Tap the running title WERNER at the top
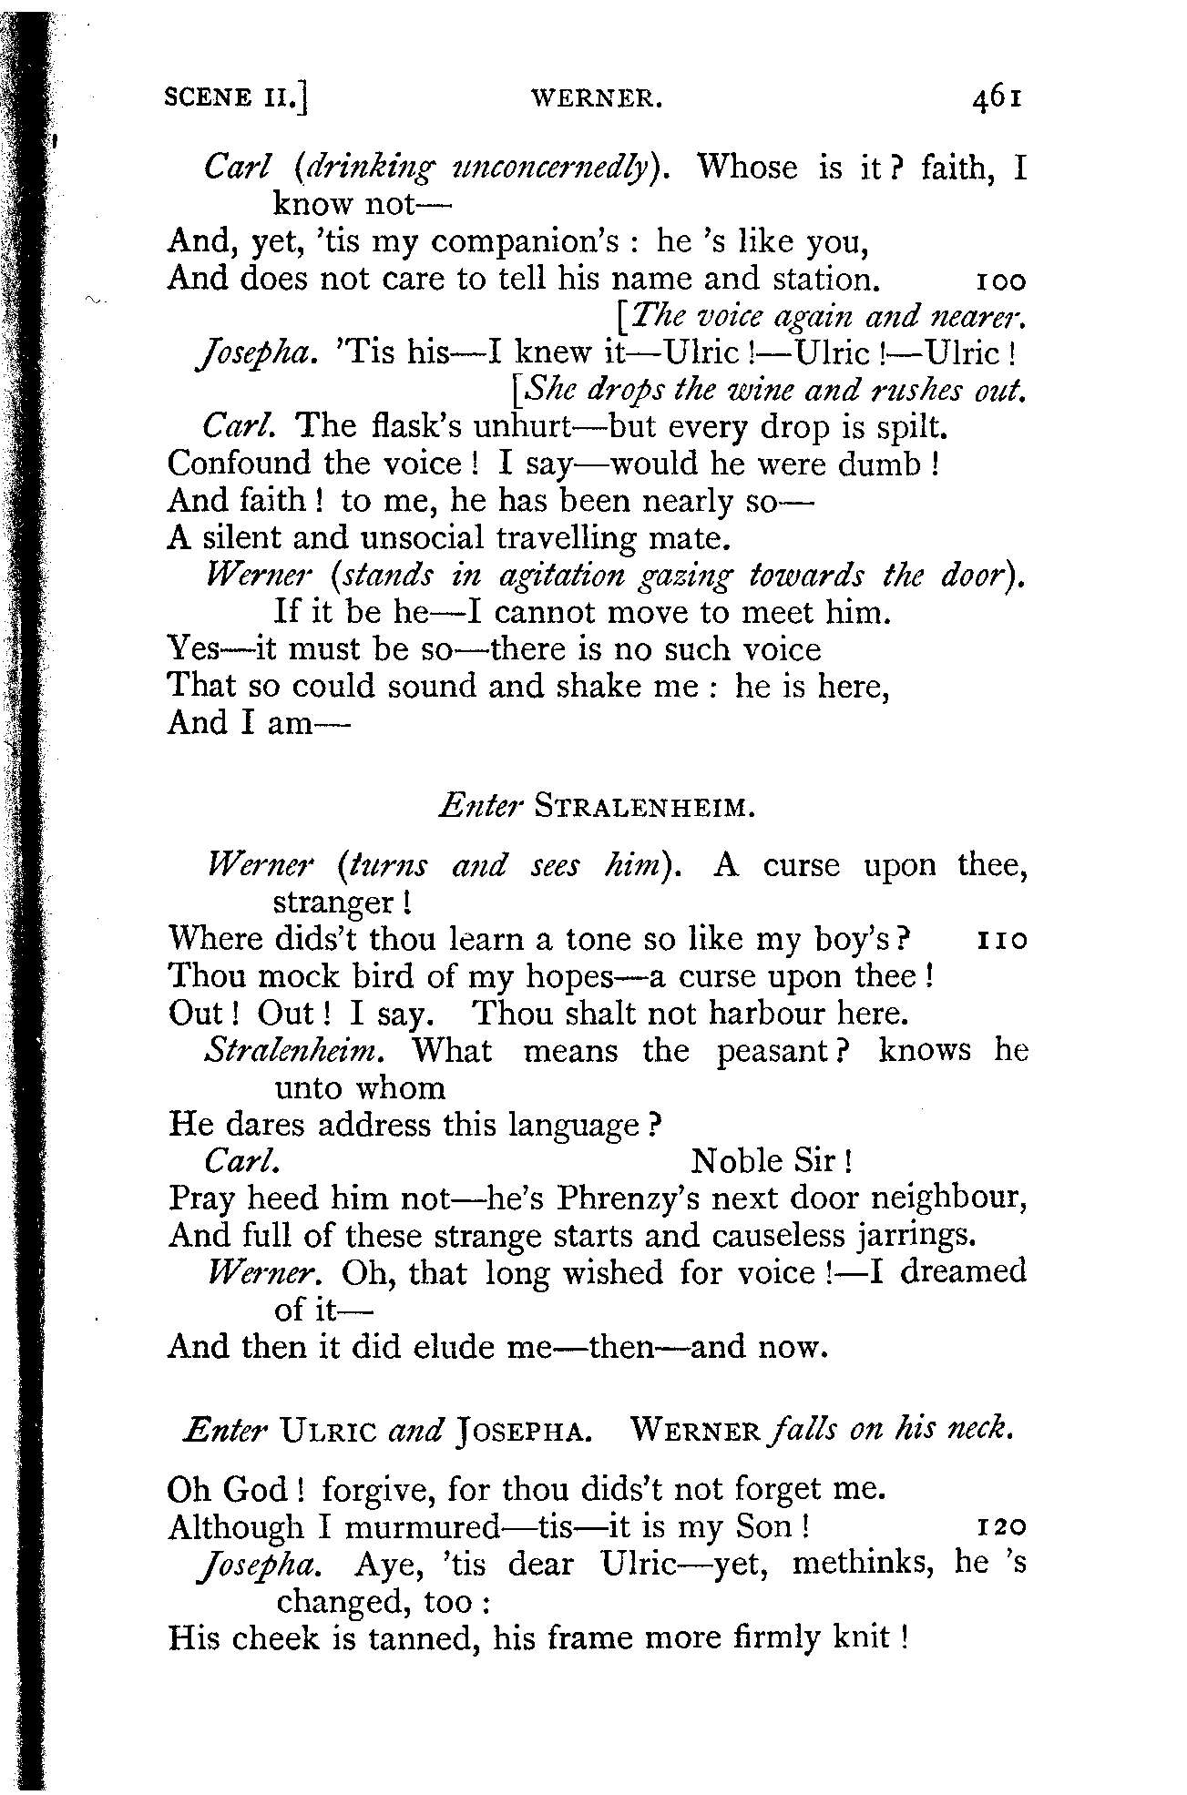tap(596, 97)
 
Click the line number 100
tap(1000, 280)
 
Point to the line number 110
tap(1001, 940)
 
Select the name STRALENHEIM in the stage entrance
tap(645, 807)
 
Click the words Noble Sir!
tap(771, 1162)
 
